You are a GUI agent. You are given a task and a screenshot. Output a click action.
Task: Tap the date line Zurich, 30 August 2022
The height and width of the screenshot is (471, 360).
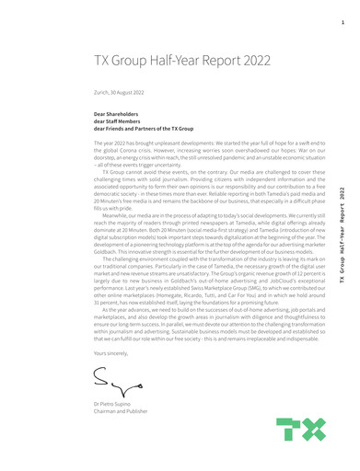[121, 93]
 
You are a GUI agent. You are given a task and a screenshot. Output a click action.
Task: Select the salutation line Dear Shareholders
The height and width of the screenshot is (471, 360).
[117, 115]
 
